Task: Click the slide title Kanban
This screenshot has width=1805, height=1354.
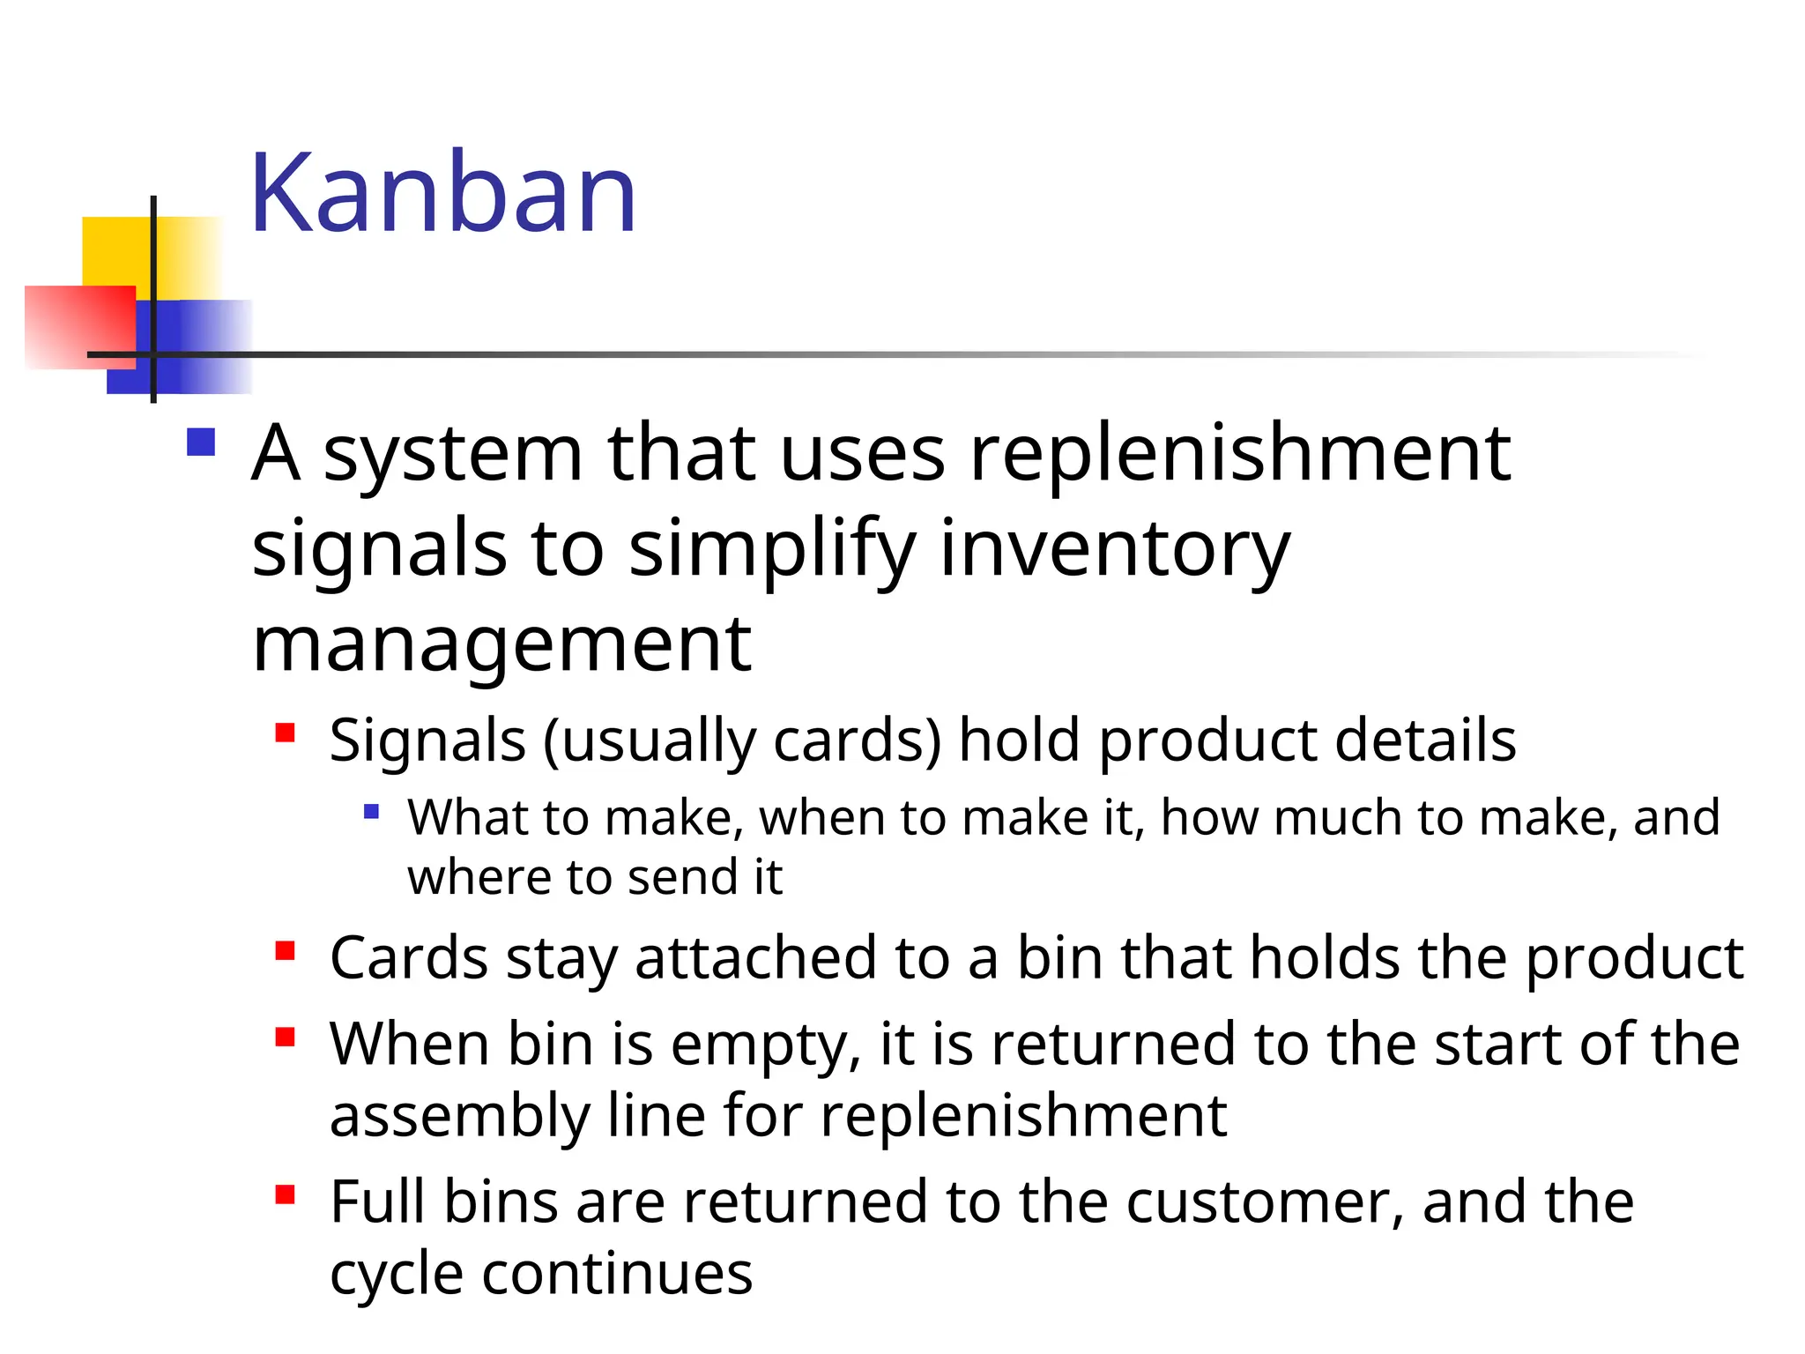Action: [443, 193]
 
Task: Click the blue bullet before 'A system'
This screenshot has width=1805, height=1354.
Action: [201, 442]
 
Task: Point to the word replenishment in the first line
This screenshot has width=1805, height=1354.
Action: [1240, 455]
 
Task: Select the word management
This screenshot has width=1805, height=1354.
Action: [501, 646]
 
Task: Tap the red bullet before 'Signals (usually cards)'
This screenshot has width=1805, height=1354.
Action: [285, 733]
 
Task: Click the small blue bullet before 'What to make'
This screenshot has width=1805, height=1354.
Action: [371, 811]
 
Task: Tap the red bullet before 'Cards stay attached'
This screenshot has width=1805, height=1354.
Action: [285, 951]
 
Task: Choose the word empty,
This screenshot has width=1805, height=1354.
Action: [765, 1046]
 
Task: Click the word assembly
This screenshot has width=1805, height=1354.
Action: [459, 1117]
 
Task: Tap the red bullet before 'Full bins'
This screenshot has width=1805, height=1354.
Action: [285, 1195]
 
